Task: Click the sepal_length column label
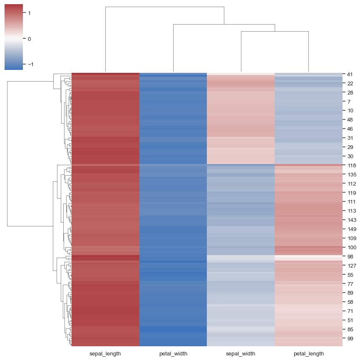(x=105, y=354)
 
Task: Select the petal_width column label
(x=173, y=354)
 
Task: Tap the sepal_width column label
(x=241, y=354)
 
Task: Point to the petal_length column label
(x=308, y=354)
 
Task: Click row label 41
(x=350, y=74)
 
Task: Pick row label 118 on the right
(x=351, y=166)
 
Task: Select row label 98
(x=350, y=256)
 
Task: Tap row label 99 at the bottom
(x=350, y=339)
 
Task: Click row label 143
(x=351, y=220)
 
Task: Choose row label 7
(x=348, y=102)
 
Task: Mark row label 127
(x=351, y=266)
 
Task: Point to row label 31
(x=350, y=138)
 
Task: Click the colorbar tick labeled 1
(x=29, y=13)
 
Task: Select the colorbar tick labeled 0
(x=29, y=39)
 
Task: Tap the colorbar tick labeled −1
(x=28, y=65)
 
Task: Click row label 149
(x=351, y=229)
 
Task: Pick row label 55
(x=350, y=275)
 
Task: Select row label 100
(x=351, y=247)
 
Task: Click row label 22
(x=350, y=84)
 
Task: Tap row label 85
(x=350, y=330)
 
